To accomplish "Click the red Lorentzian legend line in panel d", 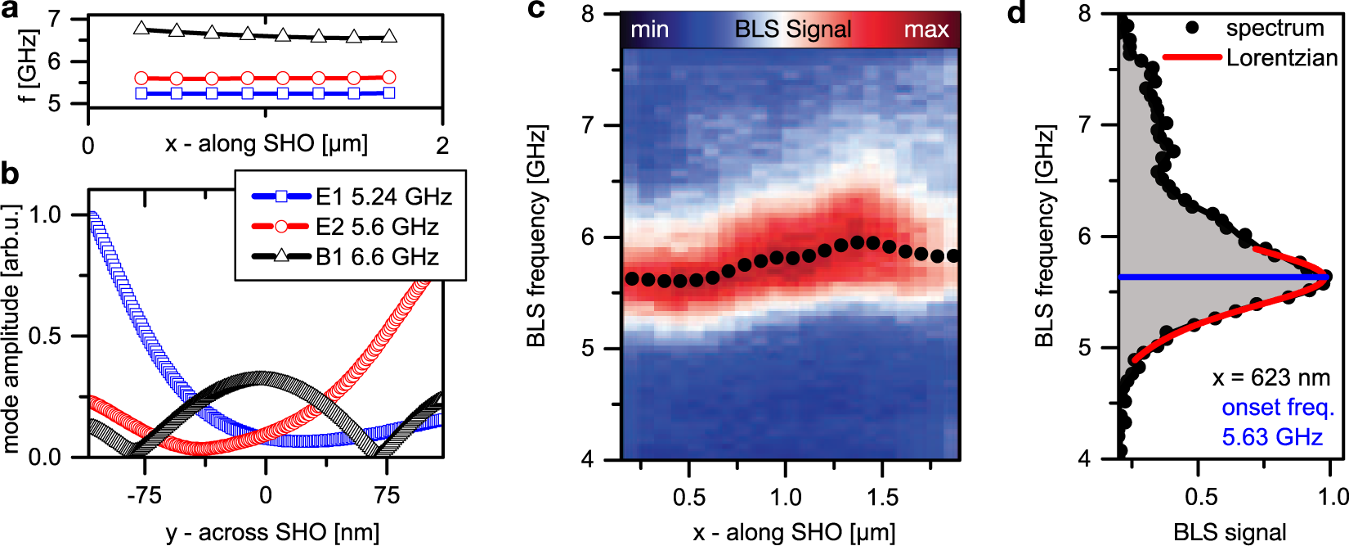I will (x=1193, y=57).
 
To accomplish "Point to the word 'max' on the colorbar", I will (x=925, y=30).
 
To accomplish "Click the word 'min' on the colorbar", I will (x=649, y=30).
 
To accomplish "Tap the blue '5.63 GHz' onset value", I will (x=1272, y=437).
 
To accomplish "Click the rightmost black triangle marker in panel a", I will (x=389, y=36).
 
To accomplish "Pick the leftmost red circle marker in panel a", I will (x=141, y=79).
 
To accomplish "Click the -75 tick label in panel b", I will (x=144, y=495).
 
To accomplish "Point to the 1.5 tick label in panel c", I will (x=882, y=497).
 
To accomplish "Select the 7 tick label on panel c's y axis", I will (x=587, y=125).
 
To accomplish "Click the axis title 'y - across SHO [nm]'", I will (x=272, y=532).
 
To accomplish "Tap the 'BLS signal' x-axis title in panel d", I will (x=1230, y=532).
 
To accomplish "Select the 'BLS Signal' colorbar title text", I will (x=792, y=29).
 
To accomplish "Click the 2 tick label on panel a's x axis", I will (x=442, y=146).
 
